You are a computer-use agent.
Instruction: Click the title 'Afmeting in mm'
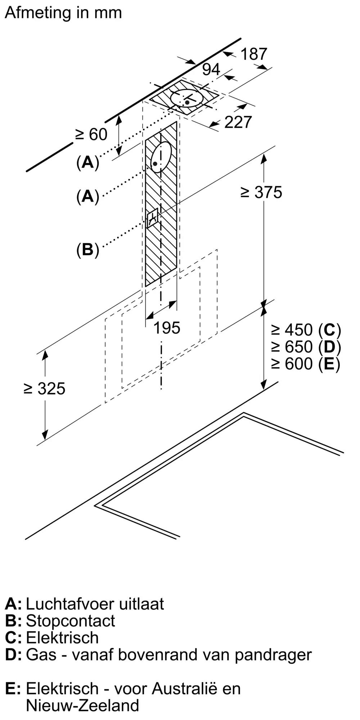(x=63, y=13)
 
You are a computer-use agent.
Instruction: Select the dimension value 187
(x=254, y=54)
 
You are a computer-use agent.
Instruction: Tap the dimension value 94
(x=211, y=69)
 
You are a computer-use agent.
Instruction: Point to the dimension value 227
(x=238, y=122)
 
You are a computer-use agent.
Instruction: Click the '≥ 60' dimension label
(x=91, y=135)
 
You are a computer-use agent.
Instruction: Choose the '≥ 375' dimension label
(x=262, y=192)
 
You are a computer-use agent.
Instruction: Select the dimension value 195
(x=167, y=328)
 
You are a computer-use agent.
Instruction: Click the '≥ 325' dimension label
(x=45, y=389)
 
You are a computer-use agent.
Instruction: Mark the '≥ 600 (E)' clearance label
(x=306, y=364)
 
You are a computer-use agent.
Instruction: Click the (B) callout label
(x=87, y=249)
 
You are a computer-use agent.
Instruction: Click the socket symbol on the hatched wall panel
(x=152, y=217)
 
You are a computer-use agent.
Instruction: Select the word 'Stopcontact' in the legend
(x=71, y=621)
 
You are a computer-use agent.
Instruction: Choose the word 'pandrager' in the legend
(x=274, y=655)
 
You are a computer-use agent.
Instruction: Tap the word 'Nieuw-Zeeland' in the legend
(x=82, y=705)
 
